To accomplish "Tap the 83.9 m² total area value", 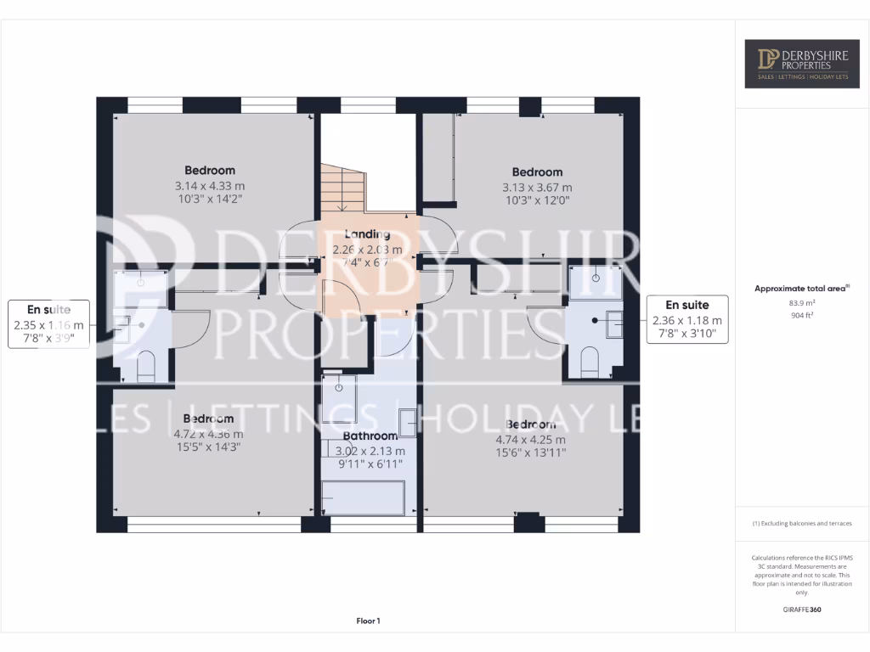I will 801,301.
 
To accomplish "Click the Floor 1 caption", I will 368,621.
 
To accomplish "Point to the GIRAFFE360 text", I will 802,610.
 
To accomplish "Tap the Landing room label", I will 367,234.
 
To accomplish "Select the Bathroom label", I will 370,436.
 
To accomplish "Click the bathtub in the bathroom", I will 363,497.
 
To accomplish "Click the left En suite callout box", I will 50,323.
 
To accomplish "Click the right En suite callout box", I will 686,319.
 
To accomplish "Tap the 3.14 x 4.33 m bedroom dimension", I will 210,186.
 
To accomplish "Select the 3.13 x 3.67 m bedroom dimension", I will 537,188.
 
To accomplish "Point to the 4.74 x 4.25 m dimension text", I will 531,440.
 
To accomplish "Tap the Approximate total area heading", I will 801,289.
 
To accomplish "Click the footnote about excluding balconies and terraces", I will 801,524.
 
